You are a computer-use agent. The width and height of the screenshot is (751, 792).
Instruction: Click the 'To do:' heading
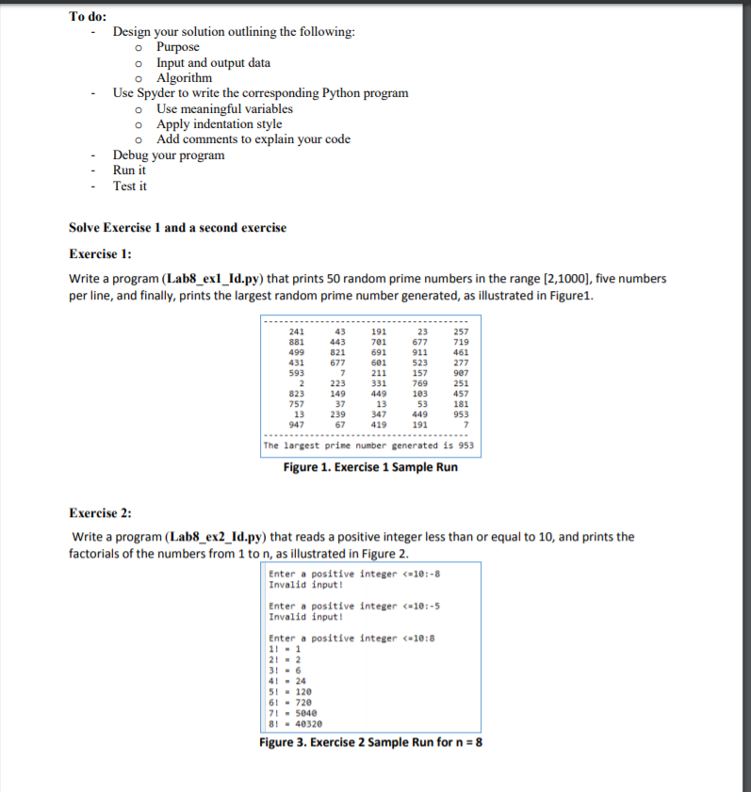click(x=88, y=16)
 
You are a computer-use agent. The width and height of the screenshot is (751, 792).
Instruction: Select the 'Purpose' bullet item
click(x=177, y=47)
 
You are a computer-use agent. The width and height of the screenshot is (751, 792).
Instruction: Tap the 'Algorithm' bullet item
click(x=184, y=78)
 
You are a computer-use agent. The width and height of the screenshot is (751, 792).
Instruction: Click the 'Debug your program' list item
click(x=169, y=155)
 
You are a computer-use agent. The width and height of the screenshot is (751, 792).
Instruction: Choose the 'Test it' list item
click(x=130, y=186)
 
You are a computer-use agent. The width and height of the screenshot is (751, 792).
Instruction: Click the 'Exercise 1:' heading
click(x=101, y=253)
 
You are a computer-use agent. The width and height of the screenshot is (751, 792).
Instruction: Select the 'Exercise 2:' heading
click(x=101, y=512)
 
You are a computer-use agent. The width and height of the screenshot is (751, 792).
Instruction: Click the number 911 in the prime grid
click(x=419, y=352)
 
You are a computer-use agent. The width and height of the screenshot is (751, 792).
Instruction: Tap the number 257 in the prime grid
click(x=461, y=331)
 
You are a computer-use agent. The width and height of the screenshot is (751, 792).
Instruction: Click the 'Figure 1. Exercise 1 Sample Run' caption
click(x=370, y=466)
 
